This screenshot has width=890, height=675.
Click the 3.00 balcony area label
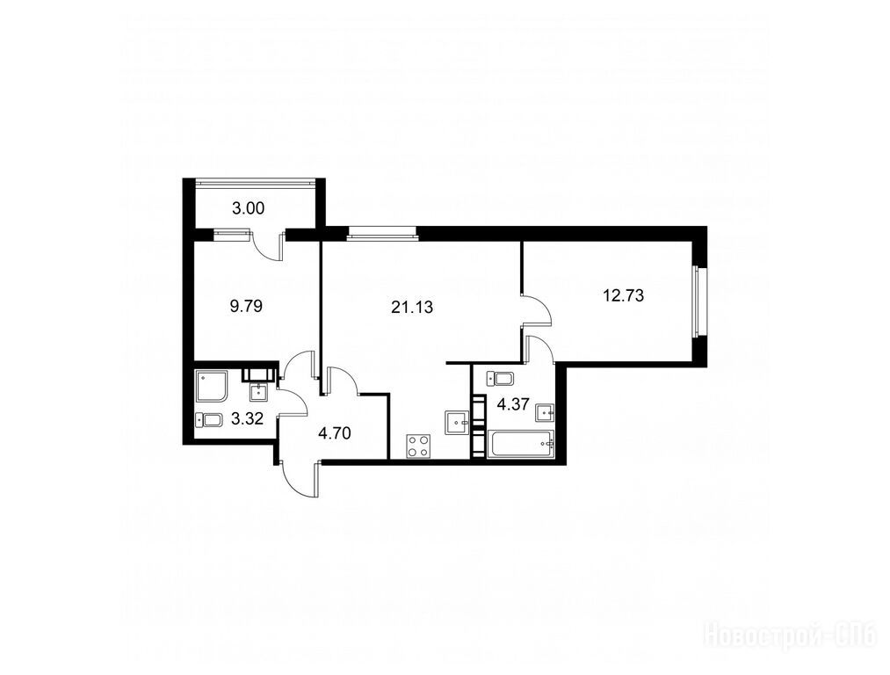[248, 209]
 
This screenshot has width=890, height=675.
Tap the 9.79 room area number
[246, 307]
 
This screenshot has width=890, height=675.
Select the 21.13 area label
[412, 307]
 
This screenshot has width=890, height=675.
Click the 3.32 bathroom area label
[248, 419]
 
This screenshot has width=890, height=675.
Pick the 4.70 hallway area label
[335, 433]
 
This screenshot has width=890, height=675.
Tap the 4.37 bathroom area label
[513, 405]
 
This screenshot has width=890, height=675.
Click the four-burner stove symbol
[418, 446]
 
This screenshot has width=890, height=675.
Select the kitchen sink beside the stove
[457, 423]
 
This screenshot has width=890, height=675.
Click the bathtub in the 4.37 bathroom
[520, 443]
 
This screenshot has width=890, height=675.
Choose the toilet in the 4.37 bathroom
[500, 377]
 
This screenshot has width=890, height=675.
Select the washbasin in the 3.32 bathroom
[259, 391]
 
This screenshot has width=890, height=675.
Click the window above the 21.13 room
[381, 231]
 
